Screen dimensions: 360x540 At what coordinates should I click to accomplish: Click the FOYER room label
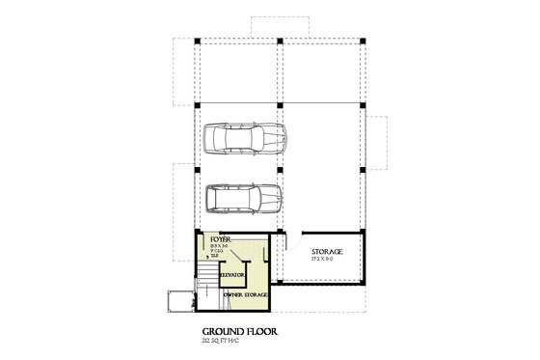click(221, 238)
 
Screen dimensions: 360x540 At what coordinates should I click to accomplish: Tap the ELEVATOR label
click(232, 276)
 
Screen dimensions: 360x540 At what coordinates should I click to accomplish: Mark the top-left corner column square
click(198, 41)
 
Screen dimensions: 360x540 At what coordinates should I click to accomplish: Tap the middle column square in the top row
click(279, 41)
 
